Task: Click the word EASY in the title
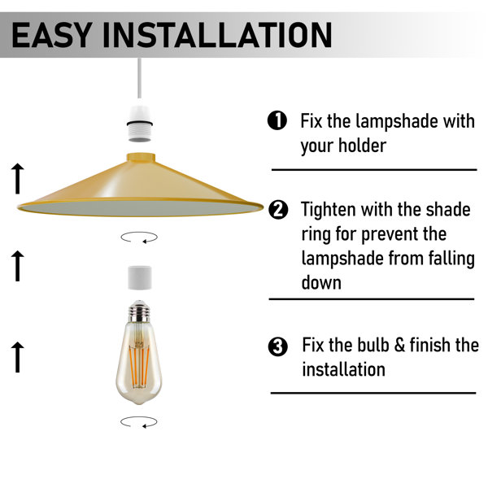click(x=52, y=34)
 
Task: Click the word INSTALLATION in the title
click(x=217, y=34)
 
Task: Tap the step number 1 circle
click(x=277, y=120)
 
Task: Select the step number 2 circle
click(x=278, y=210)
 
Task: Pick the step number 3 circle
click(x=278, y=346)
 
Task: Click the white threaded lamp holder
click(x=140, y=124)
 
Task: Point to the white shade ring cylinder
click(x=140, y=277)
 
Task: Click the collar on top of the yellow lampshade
click(x=141, y=157)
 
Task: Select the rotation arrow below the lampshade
click(x=139, y=237)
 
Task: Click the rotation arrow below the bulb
click(x=139, y=422)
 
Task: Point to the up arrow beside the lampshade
click(x=18, y=179)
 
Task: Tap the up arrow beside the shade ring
click(x=18, y=266)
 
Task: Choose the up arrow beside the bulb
click(x=18, y=357)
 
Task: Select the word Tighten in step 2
click(x=329, y=211)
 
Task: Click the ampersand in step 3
click(x=399, y=345)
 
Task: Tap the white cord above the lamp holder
click(x=139, y=78)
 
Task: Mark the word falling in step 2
click(x=451, y=259)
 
